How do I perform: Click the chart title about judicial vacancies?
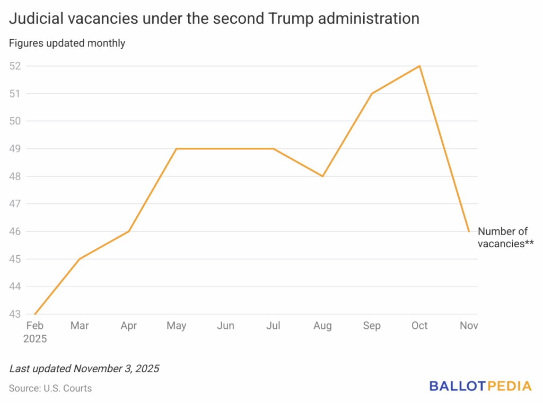point(214,19)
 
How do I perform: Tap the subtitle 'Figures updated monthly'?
point(67,43)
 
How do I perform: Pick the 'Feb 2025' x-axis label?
point(35,332)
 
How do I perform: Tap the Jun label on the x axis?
point(225,326)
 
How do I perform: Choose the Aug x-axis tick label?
point(322,326)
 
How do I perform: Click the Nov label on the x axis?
point(469,326)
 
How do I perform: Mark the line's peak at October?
point(420,66)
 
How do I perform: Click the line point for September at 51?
point(372,94)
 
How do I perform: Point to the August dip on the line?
point(322,176)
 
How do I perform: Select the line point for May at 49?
point(177,149)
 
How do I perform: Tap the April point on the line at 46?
point(128,231)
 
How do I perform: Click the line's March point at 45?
point(80,259)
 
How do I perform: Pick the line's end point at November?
point(469,231)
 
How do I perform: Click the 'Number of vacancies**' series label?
point(505,238)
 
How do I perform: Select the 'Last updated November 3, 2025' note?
point(84,368)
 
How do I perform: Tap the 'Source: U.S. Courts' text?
point(50,388)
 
